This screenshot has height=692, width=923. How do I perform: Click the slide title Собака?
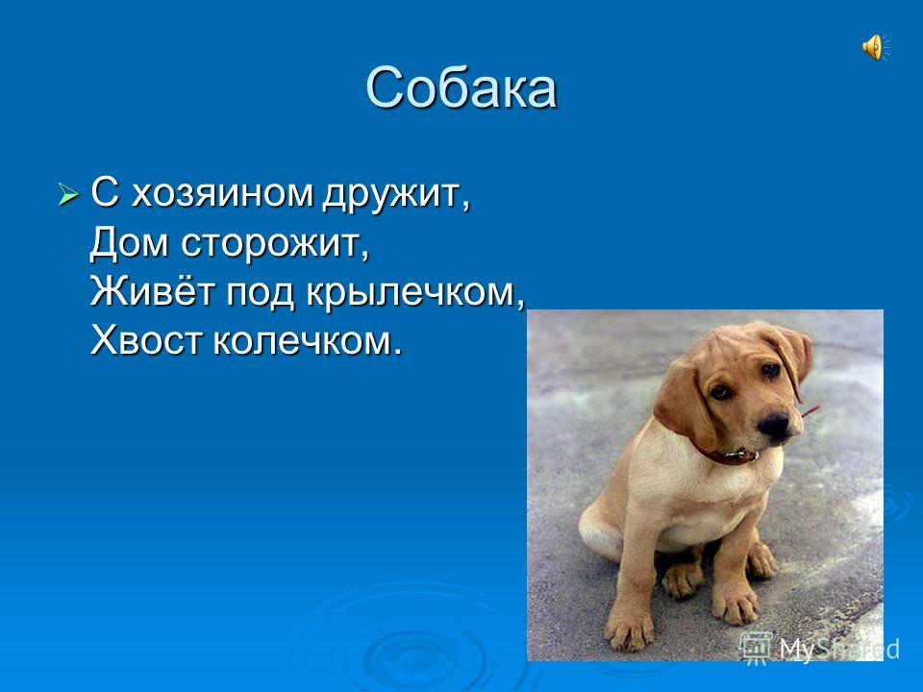[461, 88]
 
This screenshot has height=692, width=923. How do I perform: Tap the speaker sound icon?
[874, 46]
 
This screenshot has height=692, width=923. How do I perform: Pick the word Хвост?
[144, 339]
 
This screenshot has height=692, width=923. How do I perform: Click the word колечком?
[307, 339]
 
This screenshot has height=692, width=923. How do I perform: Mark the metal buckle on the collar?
[736, 453]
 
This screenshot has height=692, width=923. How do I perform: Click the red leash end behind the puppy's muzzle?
[810, 411]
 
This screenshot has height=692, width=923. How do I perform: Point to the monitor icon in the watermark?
[757, 647]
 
